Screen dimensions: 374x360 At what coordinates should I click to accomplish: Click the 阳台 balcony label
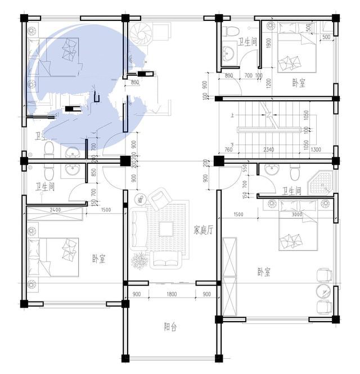[x=170, y=327]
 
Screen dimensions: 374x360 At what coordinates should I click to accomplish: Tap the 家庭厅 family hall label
[x=203, y=229]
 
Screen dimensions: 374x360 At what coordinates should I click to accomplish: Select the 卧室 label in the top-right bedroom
[x=299, y=83]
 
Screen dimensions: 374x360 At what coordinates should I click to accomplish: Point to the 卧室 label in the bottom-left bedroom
[x=99, y=259]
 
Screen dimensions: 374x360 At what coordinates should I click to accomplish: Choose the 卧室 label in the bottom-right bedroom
[x=264, y=272]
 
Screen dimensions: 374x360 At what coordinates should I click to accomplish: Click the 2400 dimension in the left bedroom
[x=55, y=210]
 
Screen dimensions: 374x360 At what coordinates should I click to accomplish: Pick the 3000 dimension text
[x=298, y=214]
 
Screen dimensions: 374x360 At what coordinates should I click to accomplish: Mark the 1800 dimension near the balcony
[x=172, y=294]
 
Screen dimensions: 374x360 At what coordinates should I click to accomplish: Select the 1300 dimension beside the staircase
[x=316, y=150]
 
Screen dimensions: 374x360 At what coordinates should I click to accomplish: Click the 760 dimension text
[x=228, y=150]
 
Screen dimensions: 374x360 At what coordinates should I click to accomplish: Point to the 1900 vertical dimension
[x=269, y=43]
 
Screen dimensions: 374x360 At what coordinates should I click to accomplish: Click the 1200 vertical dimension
[x=269, y=83]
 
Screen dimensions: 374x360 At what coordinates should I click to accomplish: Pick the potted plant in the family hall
[x=138, y=261]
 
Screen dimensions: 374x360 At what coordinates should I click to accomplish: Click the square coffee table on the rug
[x=166, y=228]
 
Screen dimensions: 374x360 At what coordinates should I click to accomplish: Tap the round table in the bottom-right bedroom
[x=323, y=291]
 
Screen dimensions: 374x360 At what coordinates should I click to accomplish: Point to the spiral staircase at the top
[x=138, y=35]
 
